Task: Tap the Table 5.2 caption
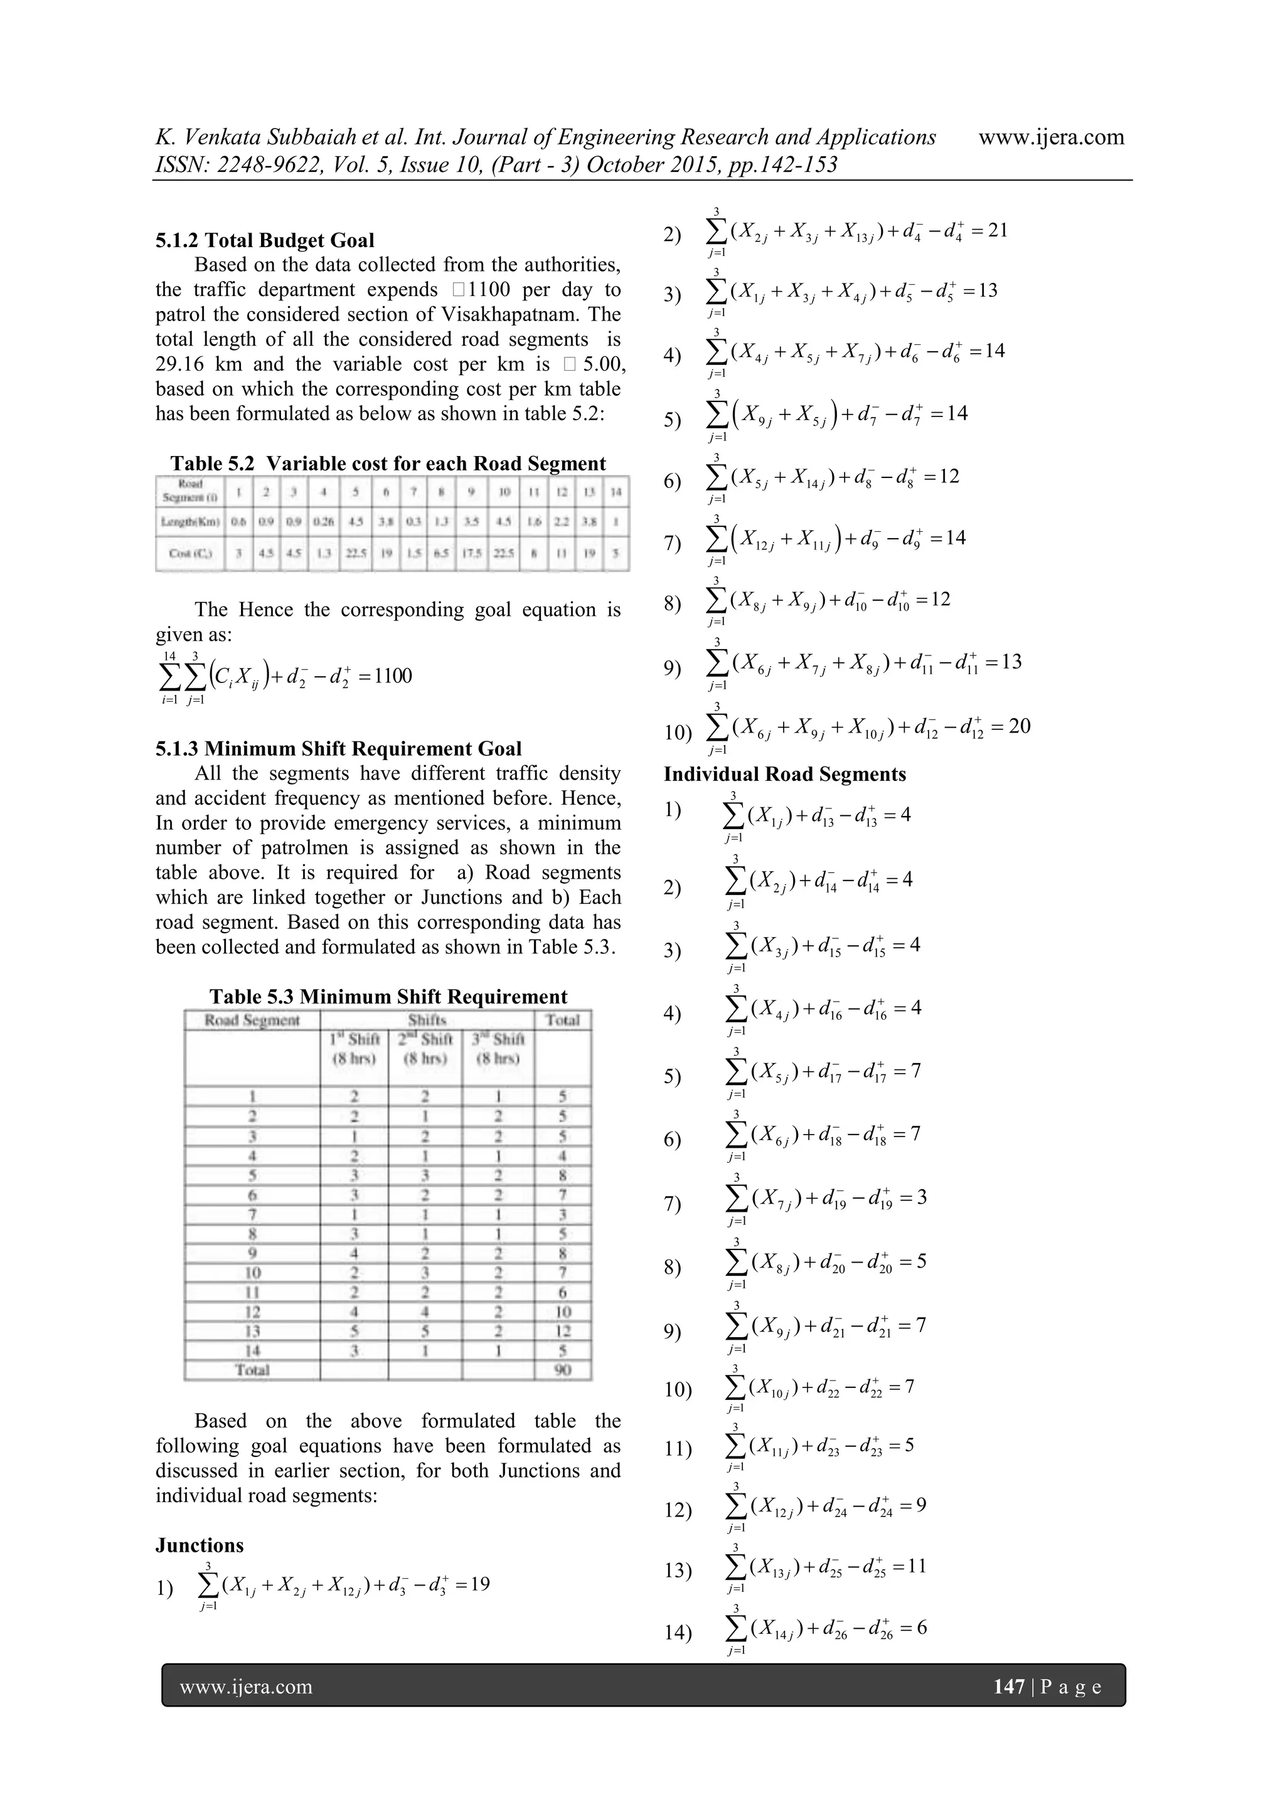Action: pyautogui.click(x=388, y=464)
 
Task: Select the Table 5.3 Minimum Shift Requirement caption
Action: pyautogui.click(x=388, y=997)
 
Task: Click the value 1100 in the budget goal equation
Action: pyautogui.click(x=393, y=676)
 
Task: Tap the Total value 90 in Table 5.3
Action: pyautogui.click(x=562, y=1370)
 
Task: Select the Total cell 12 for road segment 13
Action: pyautogui.click(x=562, y=1331)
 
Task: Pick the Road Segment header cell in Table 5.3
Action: pyautogui.click(x=252, y=1020)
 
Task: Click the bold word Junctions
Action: pyautogui.click(x=200, y=1545)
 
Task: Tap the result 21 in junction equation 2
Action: pyautogui.click(x=998, y=231)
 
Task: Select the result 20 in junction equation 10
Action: pyautogui.click(x=1020, y=726)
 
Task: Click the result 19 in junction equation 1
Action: pyautogui.click(x=479, y=1584)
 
